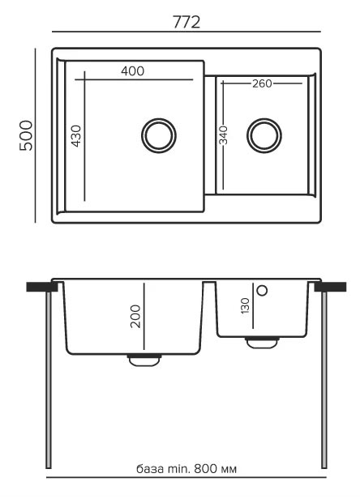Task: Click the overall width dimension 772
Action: (x=186, y=23)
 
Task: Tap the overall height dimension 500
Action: (x=26, y=135)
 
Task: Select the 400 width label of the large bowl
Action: (x=132, y=71)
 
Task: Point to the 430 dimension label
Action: (x=76, y=136)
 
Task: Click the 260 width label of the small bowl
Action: (x=262, y=83)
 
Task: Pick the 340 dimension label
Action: (x=224, y=135)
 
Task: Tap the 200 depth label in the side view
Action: (x=135, y=316)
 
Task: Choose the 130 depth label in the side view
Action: (x=245, y=306)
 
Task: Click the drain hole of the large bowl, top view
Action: (x=159, y=136)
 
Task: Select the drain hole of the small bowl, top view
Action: (x=264, y=135)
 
